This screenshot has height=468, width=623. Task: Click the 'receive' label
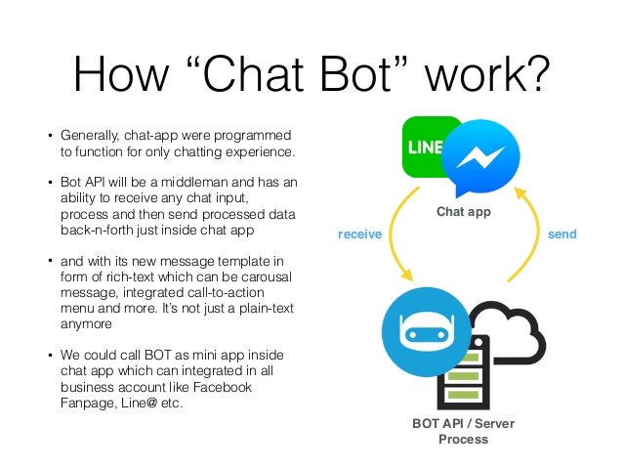coord(358,235)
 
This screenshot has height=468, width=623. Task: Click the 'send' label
coord(562,235)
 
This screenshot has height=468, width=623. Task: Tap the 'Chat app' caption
coord(464,210)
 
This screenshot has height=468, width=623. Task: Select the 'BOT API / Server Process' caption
coord(462,432)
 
